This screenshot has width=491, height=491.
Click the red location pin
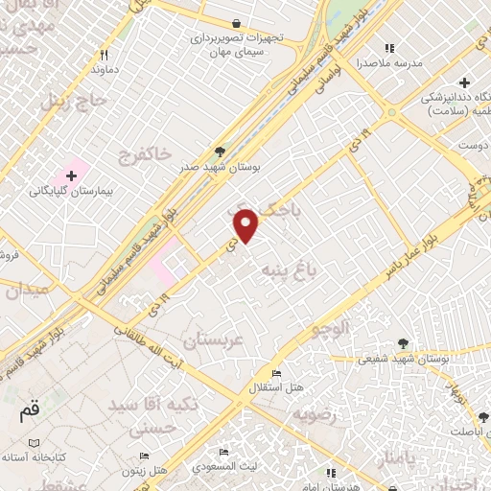247,225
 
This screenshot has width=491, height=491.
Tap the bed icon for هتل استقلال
276,373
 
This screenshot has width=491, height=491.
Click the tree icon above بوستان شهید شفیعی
403,343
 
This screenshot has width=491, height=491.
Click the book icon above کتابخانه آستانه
35,442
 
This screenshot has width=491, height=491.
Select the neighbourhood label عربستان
215,340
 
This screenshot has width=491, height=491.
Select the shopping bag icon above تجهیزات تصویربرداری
236,23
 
